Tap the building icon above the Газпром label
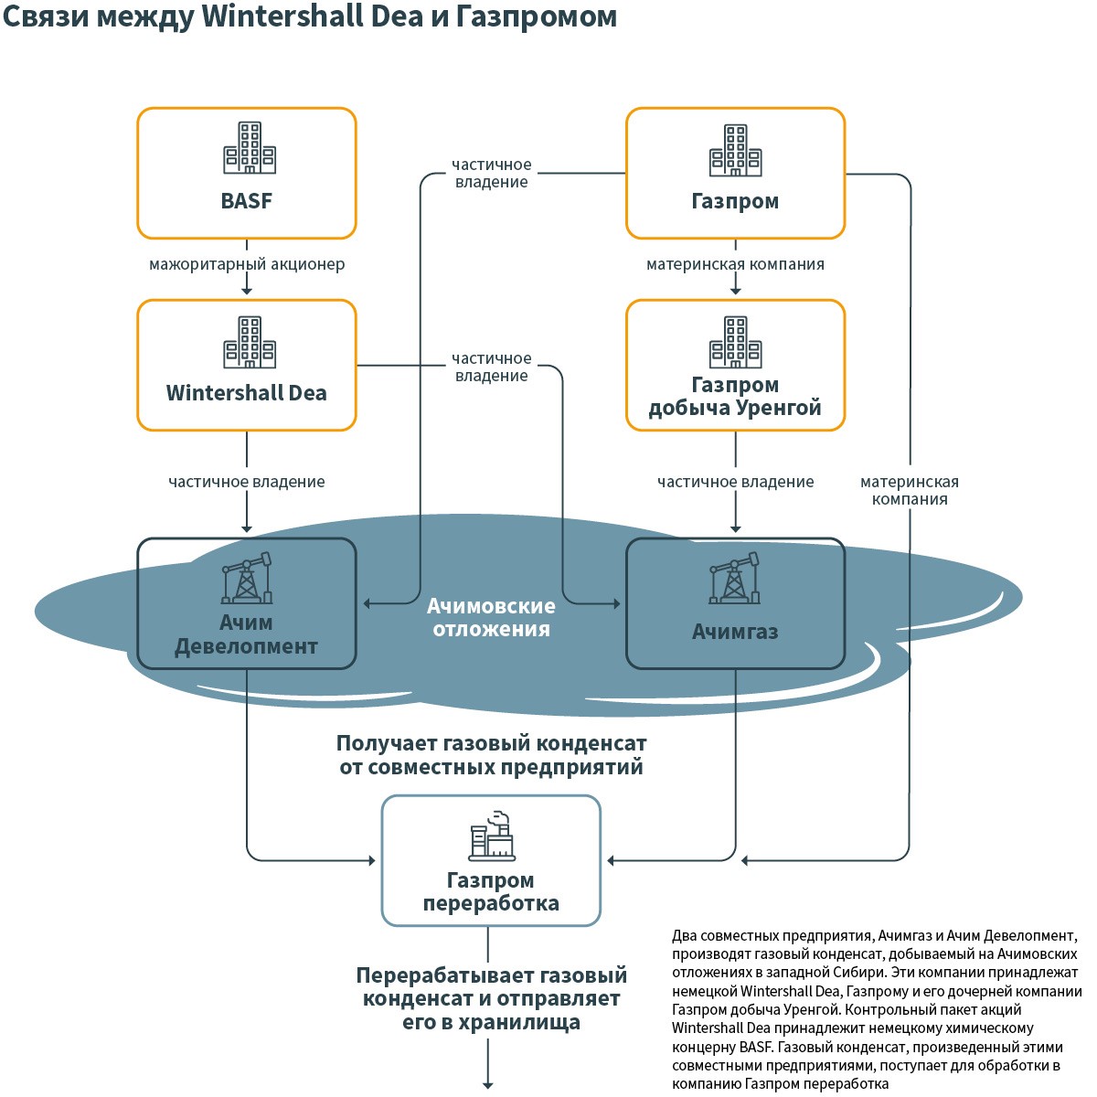(735, 150)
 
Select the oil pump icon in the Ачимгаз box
(735, 578)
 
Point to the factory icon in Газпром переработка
(492, 836)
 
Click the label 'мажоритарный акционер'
(247, 265)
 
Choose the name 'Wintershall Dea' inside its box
(247, 393)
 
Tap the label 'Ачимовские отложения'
(491, 617)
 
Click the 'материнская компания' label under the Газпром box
(735, 265)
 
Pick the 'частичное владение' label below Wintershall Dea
(247, 482)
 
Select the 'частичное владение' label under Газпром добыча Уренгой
(735, 482)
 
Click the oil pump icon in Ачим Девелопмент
(247, 578)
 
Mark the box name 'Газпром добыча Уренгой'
(735, 397)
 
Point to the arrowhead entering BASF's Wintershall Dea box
(247, 290)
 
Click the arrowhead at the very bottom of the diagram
(488, 1085)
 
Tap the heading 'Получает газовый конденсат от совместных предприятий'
(491, 755)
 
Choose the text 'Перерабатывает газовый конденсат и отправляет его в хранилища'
(491, 998)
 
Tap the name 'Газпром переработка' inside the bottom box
(491, 892)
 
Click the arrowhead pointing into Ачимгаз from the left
(617, 603)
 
